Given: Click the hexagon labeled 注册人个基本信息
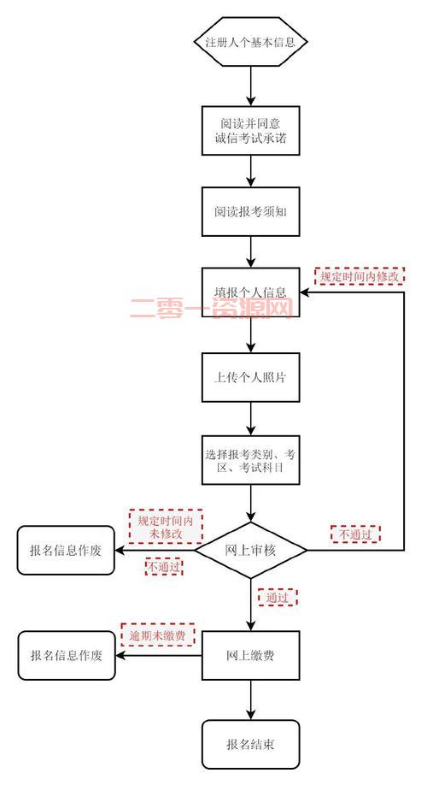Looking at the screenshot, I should coord(251,41).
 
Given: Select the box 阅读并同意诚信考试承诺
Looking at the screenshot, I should coord(251,131).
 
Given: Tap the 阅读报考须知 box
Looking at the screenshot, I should coord(251,211).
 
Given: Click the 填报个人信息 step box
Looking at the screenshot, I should coord(251,292).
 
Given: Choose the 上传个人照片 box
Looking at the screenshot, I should coord(251,377).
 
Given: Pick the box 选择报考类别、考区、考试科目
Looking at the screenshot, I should coord(251,461).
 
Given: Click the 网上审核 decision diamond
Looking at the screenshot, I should coord(251,549).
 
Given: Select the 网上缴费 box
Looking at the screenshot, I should coord(251,656).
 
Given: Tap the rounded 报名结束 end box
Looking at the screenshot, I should coord(251,743).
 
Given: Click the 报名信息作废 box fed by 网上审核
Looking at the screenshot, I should coord(66,550).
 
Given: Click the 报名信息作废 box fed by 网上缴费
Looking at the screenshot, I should coord(66,656).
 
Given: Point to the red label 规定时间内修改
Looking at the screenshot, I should coord(359,276).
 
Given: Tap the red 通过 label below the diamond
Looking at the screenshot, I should coord(278,597).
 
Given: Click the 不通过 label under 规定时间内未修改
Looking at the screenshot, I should coord(164,567).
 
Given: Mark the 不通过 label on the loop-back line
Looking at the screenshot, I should coord(355,534).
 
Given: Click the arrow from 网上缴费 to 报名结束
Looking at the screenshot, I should coord(251,699).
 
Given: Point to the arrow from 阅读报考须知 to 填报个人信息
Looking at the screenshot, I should coord(251,251).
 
